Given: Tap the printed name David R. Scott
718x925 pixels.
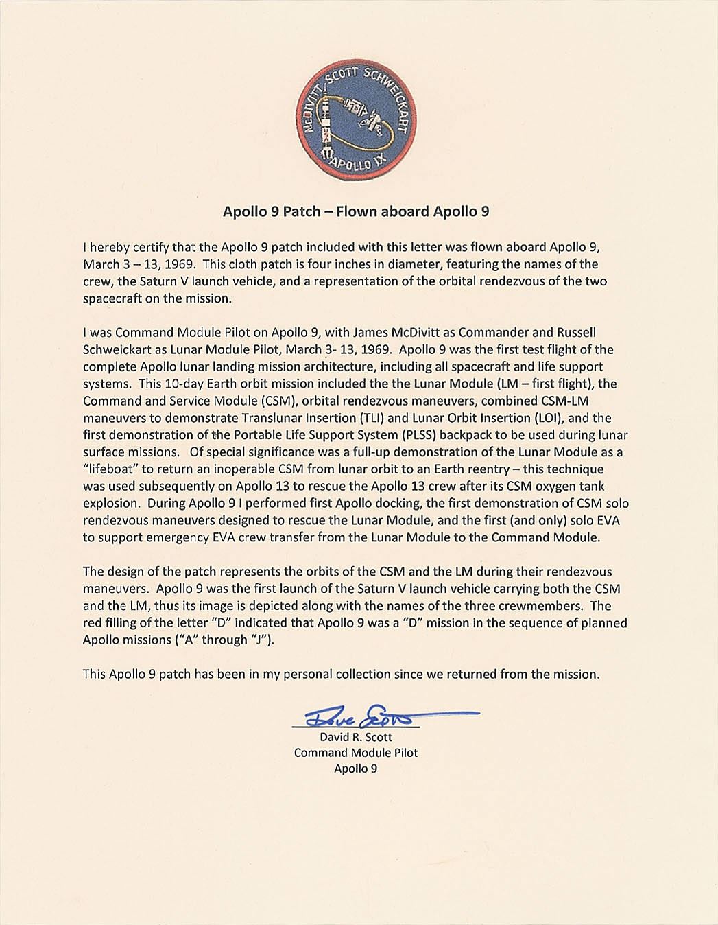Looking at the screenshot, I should click(x=355, y=737).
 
